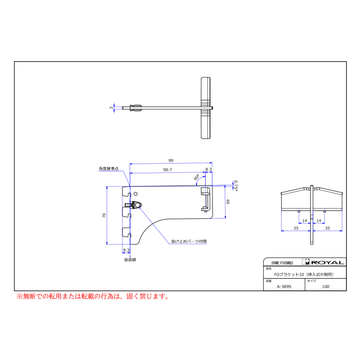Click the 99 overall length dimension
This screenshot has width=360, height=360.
tap(171, 160)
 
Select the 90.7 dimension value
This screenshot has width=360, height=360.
tap(167, 170)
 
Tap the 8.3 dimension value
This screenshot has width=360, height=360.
tap(208, 169)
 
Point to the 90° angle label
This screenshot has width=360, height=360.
tap(196, 177)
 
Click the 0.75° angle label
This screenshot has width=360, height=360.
tap(236, 186)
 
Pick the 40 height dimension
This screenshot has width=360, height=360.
tap(228, 201)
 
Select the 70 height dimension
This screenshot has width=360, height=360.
tap(104, 215)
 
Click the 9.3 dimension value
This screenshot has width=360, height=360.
tap(126, 250)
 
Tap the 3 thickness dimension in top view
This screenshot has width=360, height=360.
tap(111, 108)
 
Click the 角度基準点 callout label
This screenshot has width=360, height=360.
tap(108, 168)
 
